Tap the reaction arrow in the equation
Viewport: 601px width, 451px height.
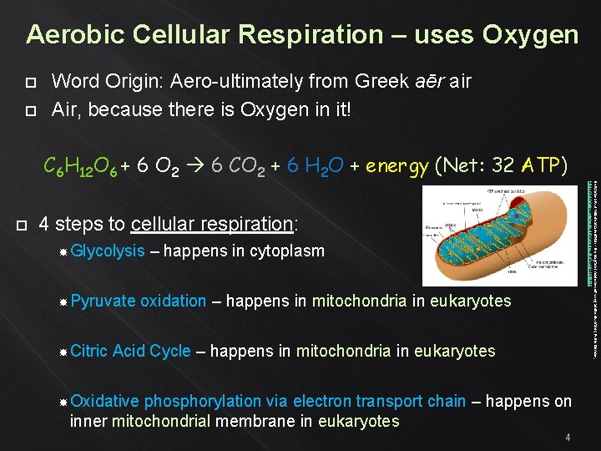coord(196,166)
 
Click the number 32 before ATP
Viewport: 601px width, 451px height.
coord(503,166)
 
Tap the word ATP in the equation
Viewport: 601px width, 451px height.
coord(543,166)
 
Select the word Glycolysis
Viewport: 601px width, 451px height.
coord(108,251)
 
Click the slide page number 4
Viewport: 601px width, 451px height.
coord(568,438)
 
